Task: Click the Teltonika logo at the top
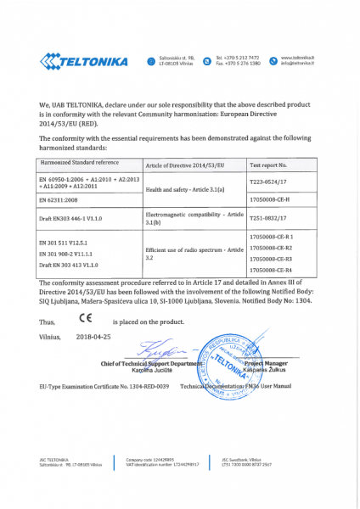pyautogui.click(x=83, y=61)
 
